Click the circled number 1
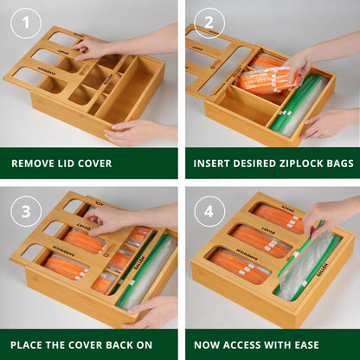[26, 25]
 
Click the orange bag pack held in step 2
[268, 80]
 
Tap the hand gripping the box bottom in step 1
[130, 132]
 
